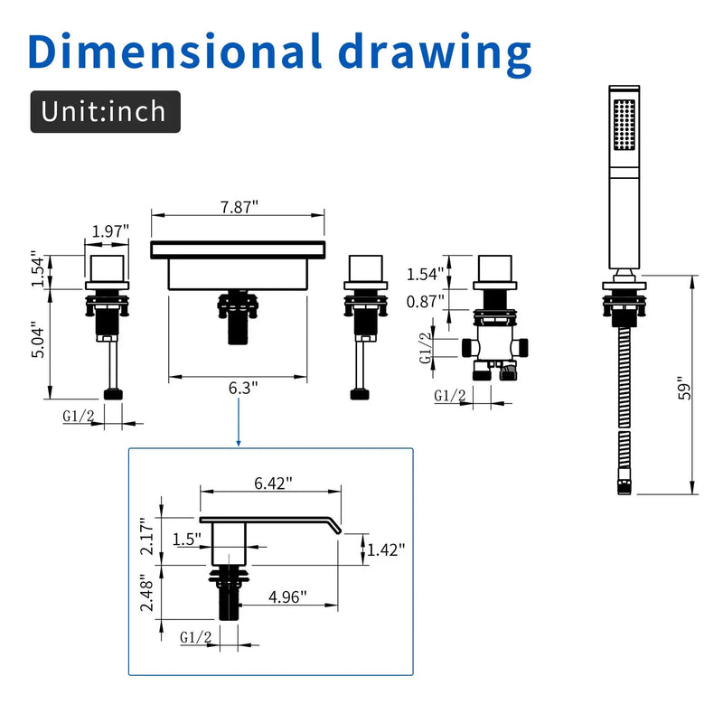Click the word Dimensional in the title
pos(174,51)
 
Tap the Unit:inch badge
pos(105,111)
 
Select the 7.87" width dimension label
pos(239,207)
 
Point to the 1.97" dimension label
pos(110,230)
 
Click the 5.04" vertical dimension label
pos(38,343)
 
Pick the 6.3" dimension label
pos(243,388)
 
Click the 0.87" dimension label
pos(425,302)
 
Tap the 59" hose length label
pos(685,389)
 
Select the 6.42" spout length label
pos(274,483)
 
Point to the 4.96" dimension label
pos(287,596)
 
